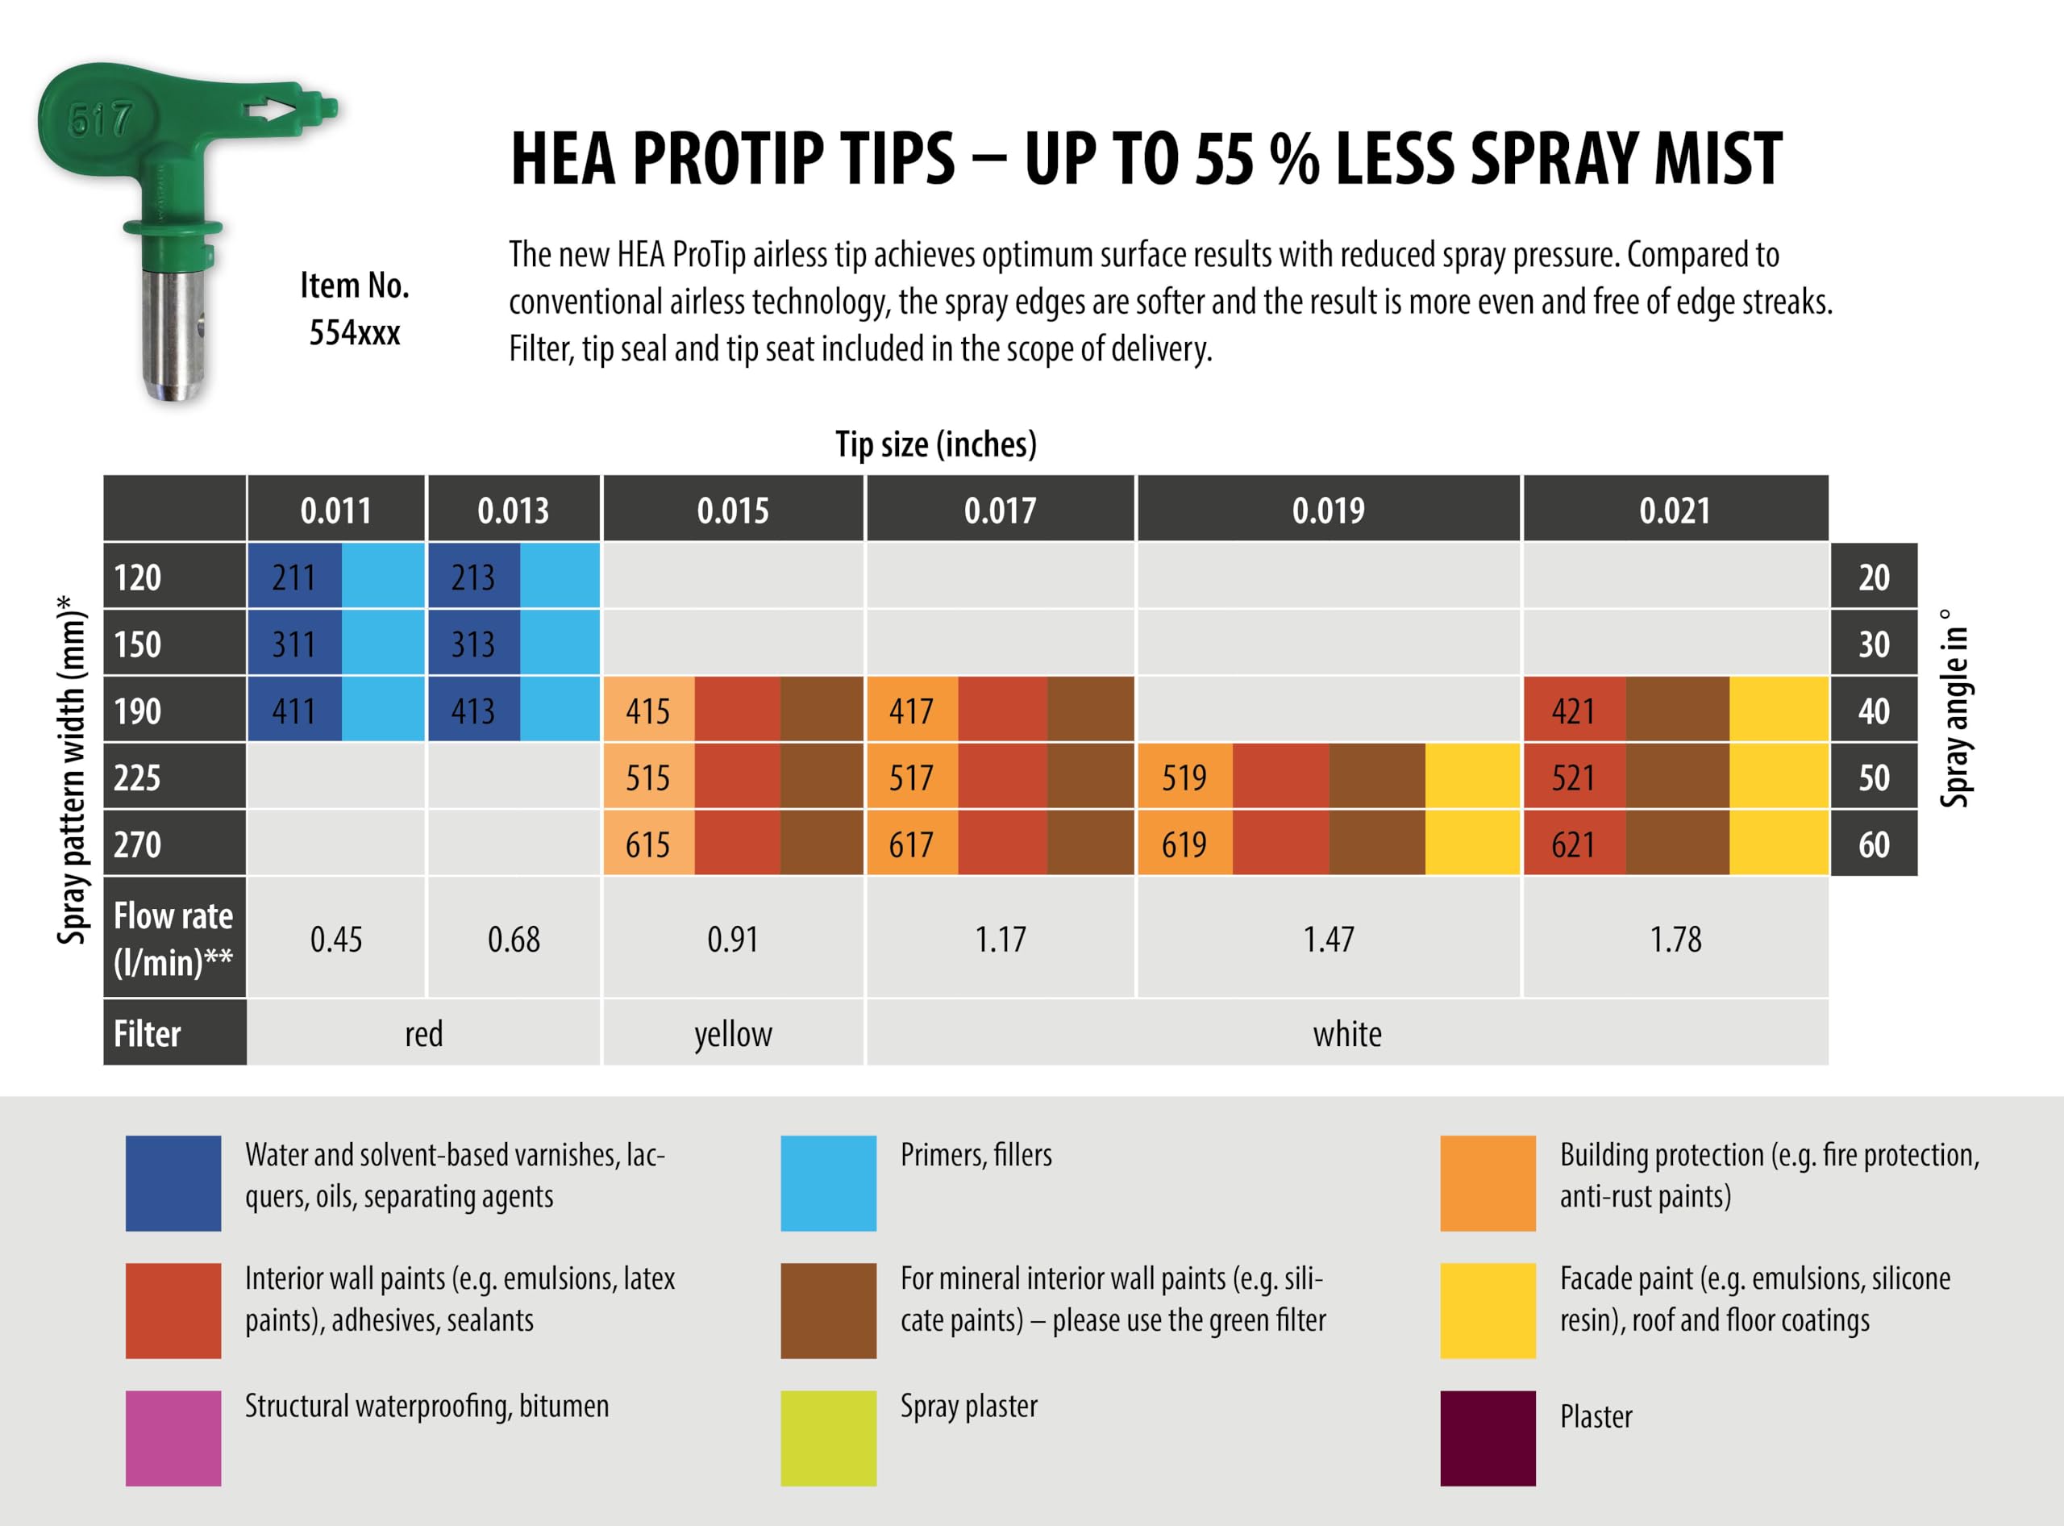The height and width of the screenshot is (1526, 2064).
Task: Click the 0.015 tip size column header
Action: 732,510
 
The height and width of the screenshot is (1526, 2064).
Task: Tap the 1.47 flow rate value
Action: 1328,940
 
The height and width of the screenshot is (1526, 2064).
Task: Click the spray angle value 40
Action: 1874,711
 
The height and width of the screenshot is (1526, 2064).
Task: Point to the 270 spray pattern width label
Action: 138,844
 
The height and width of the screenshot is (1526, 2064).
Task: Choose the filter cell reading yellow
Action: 732,1034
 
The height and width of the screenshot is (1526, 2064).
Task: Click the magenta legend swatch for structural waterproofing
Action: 173,1438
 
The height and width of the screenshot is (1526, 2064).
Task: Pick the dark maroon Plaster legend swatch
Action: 1488,1438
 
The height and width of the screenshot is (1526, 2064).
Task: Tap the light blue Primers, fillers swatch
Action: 828,1183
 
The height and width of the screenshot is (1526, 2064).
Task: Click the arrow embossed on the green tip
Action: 273,110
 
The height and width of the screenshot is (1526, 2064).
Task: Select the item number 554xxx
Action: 355,332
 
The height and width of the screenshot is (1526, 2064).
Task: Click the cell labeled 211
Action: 293,577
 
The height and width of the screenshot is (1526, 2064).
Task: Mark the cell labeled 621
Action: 1573,844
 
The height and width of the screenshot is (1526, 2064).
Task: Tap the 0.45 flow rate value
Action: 336,940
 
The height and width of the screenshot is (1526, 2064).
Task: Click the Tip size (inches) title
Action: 935,444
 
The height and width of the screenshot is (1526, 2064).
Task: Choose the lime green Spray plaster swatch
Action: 828,1438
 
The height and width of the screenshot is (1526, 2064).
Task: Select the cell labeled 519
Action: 1184,778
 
